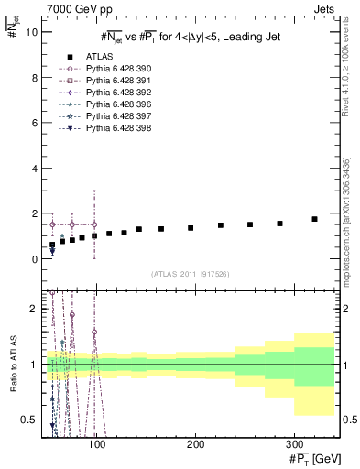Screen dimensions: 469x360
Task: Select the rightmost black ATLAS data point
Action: point(314,219)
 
